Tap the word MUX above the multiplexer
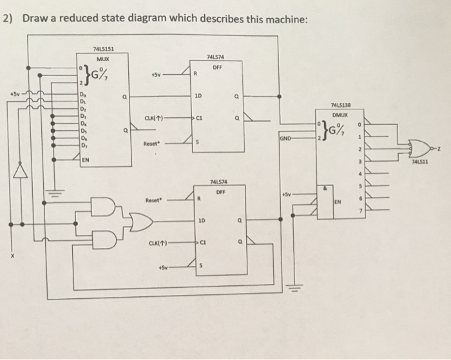tap(101, 59)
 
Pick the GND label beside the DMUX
tap(286, 138)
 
